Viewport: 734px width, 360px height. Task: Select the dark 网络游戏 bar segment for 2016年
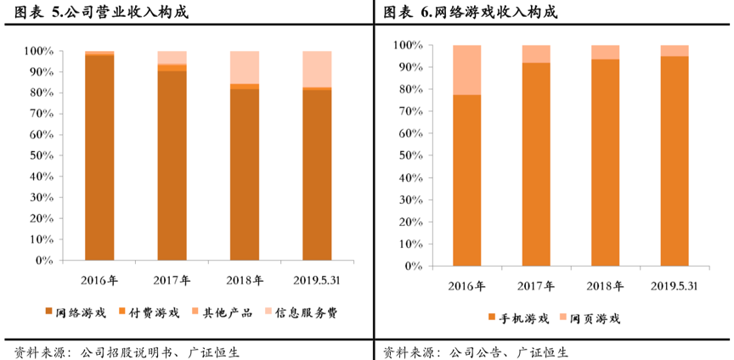pyautogui.click(x=99, y=157)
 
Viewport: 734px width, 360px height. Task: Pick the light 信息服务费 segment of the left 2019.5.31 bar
pyautogui.click(x=318, y=69)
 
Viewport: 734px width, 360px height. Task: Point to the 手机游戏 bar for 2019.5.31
pyautogui.click(x=675, y=161)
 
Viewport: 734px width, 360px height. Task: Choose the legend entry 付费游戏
pyautogui.click(x=149, y=312)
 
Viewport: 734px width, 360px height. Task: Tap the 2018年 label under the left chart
pyautogui.click(x=245, y=279)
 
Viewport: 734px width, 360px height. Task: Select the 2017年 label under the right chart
pyautogui.click(x=536, y=285)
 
